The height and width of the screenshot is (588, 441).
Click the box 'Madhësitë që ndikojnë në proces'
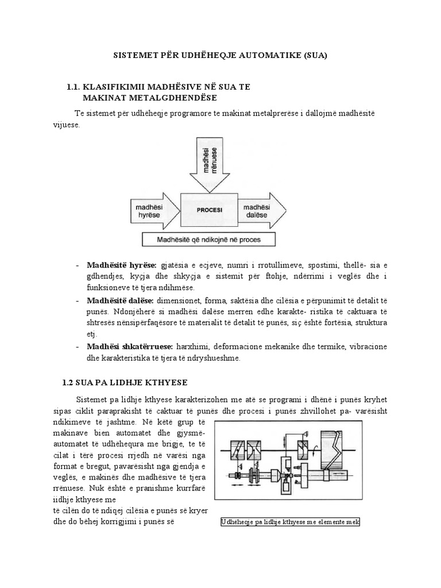point(209,239)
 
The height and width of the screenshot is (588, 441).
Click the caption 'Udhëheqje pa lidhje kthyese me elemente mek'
point(290,522)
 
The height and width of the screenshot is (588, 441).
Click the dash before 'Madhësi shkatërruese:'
point(78,347)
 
